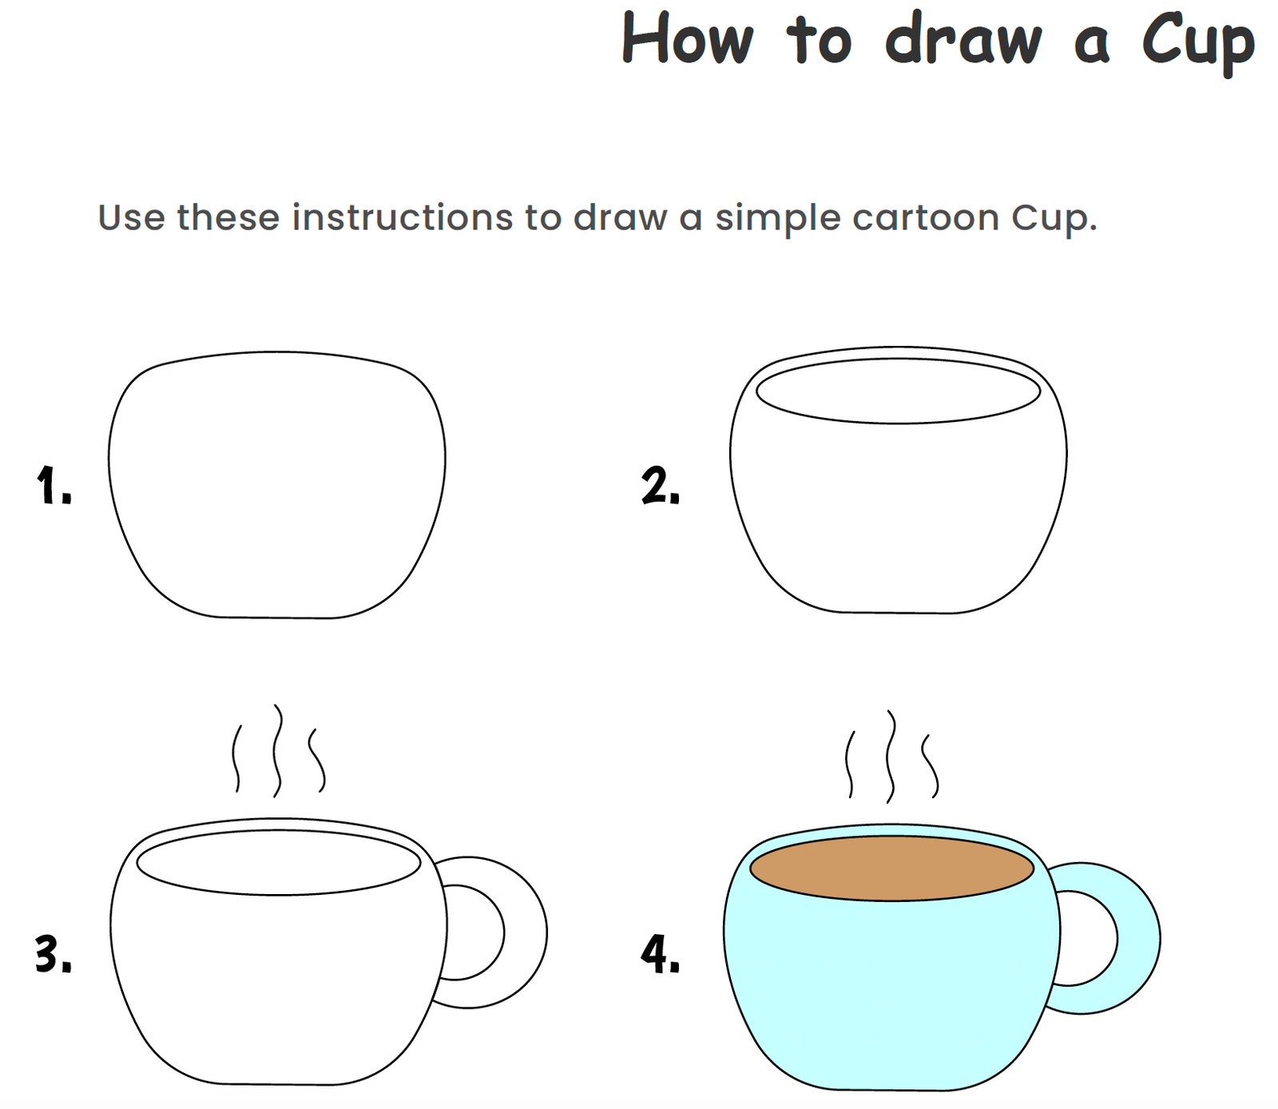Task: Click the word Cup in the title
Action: (x=1199, y=42)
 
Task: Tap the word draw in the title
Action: (x=963, y=38)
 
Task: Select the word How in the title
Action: (x=688, y=38)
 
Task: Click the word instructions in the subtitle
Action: (x=403, y=217)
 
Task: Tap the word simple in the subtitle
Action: (x=778, y=219)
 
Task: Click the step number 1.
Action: (x=54, y=485)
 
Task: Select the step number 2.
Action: (x=660, y=486)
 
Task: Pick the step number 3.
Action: (x=54, y=954)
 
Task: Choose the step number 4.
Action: (x=660, y=955)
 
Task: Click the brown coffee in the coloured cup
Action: (x=892, y=869)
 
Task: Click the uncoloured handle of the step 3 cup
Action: (x=526, y=933)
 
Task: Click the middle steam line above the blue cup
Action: (x=891, y=756)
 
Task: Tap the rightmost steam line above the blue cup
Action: (x=930, y=765)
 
